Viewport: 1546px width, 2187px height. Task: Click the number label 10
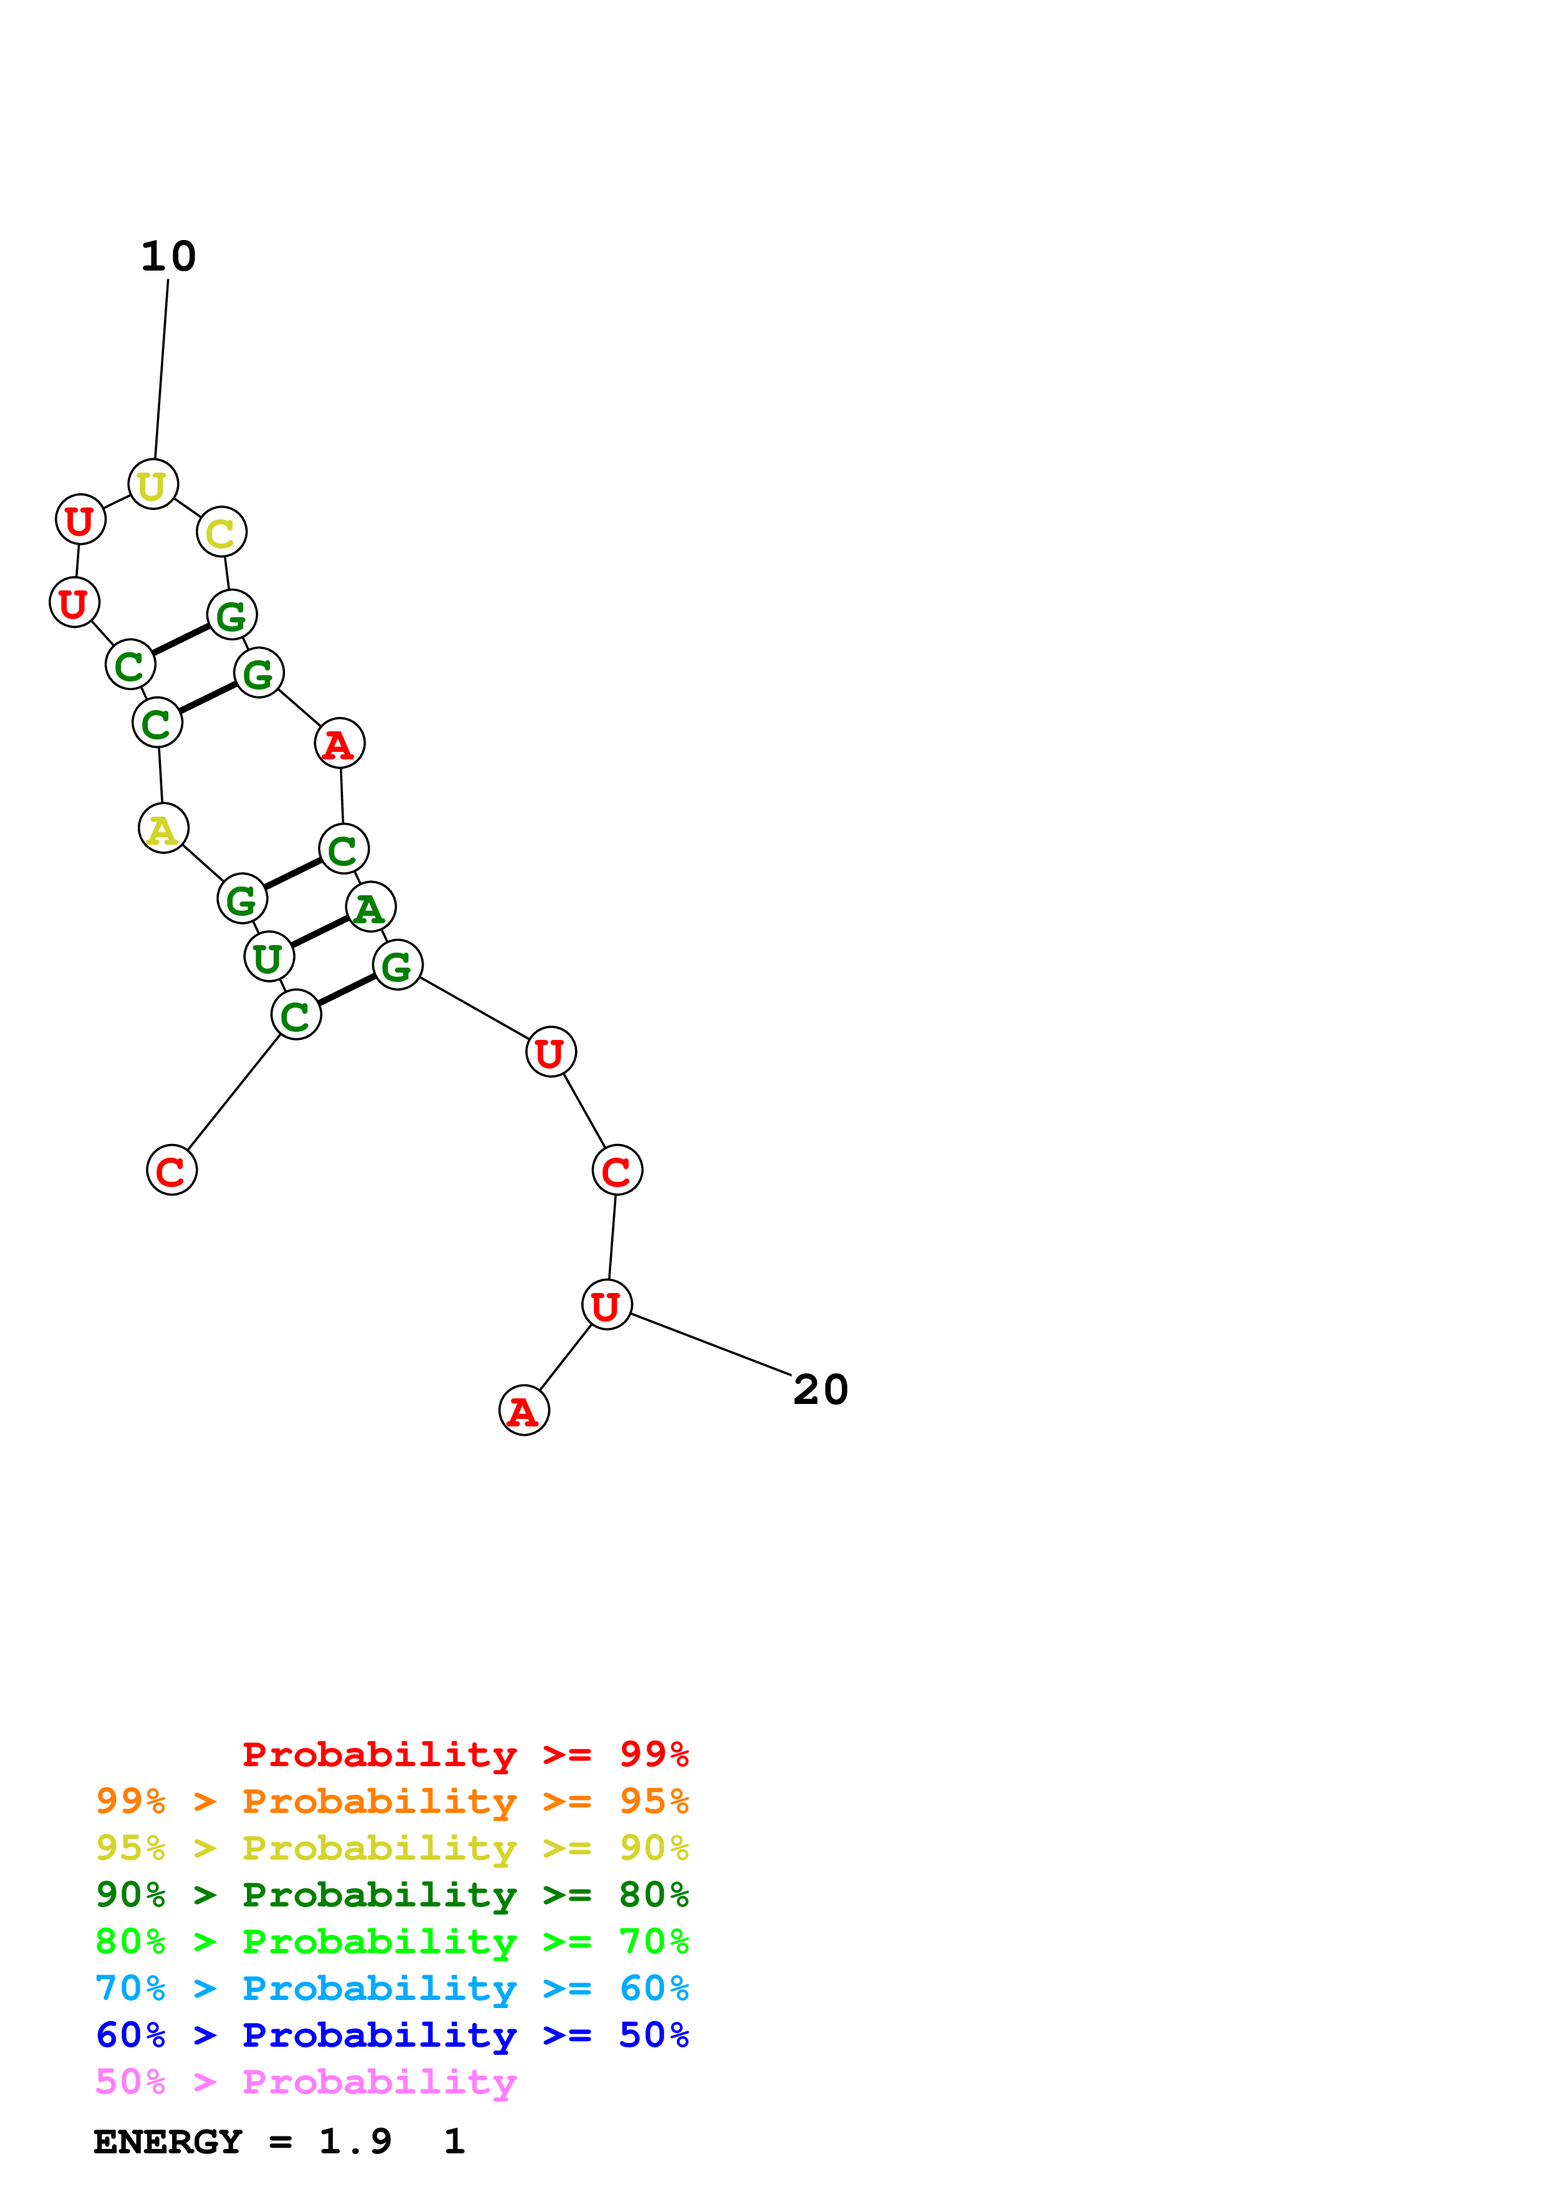pos(168,256)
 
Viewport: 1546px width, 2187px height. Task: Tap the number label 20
pos(820,1390)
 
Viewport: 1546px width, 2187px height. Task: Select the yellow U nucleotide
pos(152,485)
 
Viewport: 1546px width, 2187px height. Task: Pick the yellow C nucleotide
pos(221,532)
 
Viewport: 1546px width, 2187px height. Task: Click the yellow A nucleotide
pos(163,829)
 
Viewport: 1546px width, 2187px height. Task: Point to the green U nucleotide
pos(269,958)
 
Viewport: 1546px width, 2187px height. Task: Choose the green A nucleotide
pos(370,908)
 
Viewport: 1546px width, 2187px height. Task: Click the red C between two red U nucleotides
pos(616,1171)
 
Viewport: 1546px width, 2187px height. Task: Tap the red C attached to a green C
pos(172,1171)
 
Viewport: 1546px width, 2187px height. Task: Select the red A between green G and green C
pos(339,744)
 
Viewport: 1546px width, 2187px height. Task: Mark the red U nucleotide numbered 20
pos(606,1306)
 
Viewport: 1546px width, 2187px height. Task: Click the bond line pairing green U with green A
pos(319,933)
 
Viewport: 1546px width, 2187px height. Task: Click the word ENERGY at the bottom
pos(168,2142)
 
